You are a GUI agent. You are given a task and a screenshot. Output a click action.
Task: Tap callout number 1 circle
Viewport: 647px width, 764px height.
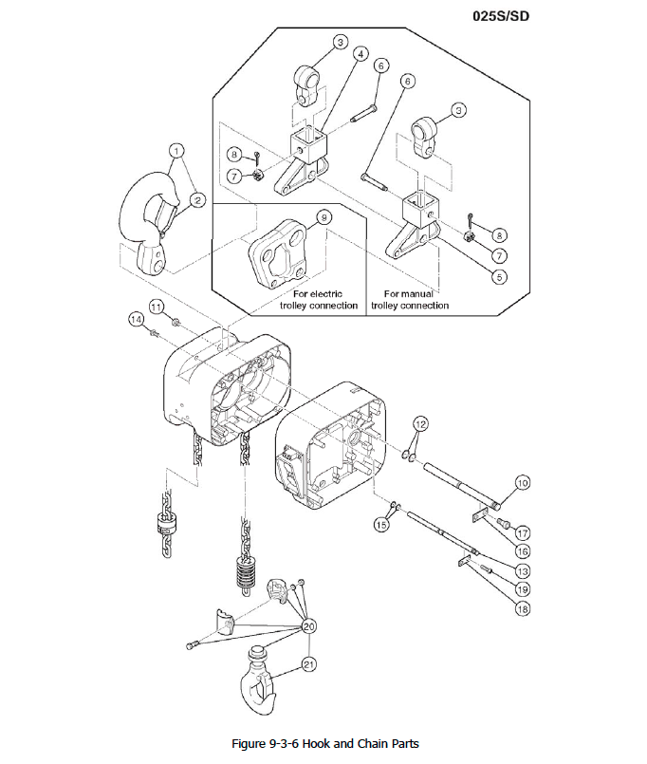click(x=177, y=150)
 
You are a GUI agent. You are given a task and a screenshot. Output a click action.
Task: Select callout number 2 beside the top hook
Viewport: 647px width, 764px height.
click(x=197, y=199)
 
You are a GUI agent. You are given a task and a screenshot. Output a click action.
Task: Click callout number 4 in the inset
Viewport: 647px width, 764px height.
click(x=360, y=54)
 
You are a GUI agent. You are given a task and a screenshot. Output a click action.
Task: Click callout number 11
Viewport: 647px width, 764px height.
click(x=157, y=306)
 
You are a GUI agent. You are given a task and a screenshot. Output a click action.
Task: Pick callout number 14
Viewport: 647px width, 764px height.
click(x=136, y=319)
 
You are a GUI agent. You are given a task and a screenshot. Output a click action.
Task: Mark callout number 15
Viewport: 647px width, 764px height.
click(x=382, y=523)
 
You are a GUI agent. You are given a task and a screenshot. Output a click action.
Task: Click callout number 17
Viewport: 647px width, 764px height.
click(x=523, y=533)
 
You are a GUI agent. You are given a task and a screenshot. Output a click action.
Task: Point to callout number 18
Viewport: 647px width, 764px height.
click(x=522, y=608)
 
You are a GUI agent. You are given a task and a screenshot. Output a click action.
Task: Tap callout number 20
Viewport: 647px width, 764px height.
click(x=308, y=626)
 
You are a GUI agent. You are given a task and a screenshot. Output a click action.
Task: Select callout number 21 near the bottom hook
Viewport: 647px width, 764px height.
click(x=308, y=664)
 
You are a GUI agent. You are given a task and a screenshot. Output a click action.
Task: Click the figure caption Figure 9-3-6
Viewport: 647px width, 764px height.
click(x=324, y=742)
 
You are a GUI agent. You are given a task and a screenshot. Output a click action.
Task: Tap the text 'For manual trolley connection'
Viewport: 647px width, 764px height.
click(x=410, y=300)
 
